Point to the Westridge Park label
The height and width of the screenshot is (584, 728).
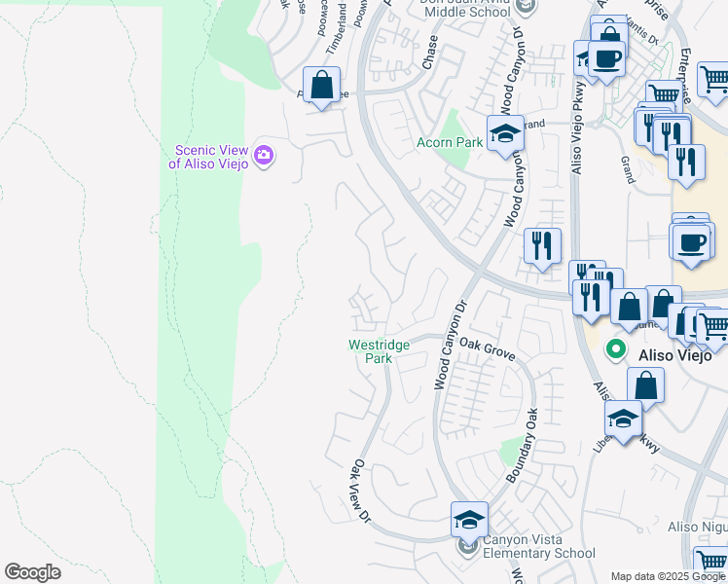(371, 351)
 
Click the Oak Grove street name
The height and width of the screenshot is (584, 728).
(487, 345)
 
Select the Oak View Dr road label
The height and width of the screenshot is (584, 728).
(362, 491)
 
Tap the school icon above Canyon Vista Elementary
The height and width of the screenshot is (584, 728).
(469, 519)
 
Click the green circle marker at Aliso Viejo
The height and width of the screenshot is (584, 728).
(615, 347)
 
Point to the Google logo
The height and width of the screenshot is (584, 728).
(32, 572)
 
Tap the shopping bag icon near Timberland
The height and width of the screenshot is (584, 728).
(321, 85)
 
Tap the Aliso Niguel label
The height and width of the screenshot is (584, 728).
(697, 527)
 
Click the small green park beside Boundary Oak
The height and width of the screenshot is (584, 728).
(510, 450)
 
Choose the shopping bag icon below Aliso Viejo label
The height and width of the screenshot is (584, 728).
(646, 383)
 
